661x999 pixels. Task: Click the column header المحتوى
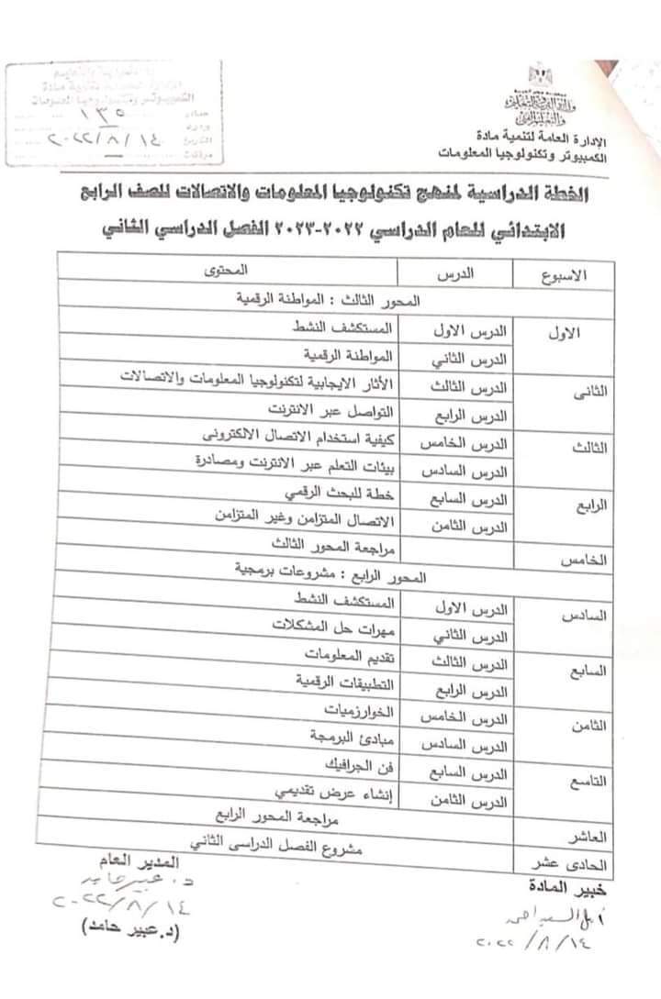tap(225, 272)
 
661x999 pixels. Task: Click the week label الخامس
tap(580, 559)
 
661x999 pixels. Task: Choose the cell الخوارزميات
tap(361, 711)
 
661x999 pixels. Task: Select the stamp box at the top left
tap(114, 114)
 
